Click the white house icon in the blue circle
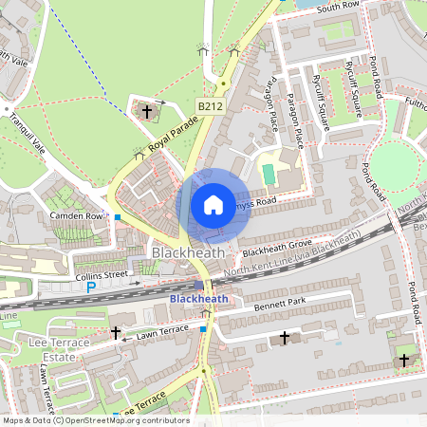point(213,205)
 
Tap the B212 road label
point(210,106)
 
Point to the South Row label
point(339,7)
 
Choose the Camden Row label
point(75,215)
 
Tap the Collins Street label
point(100,275)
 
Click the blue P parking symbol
point(91,287)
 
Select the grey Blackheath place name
point(188,253)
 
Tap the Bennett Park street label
point(283,306)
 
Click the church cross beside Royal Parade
point(147,112)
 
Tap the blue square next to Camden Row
point(118,217)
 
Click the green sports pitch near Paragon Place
point(268,175)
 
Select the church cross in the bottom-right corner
point(404,360)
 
